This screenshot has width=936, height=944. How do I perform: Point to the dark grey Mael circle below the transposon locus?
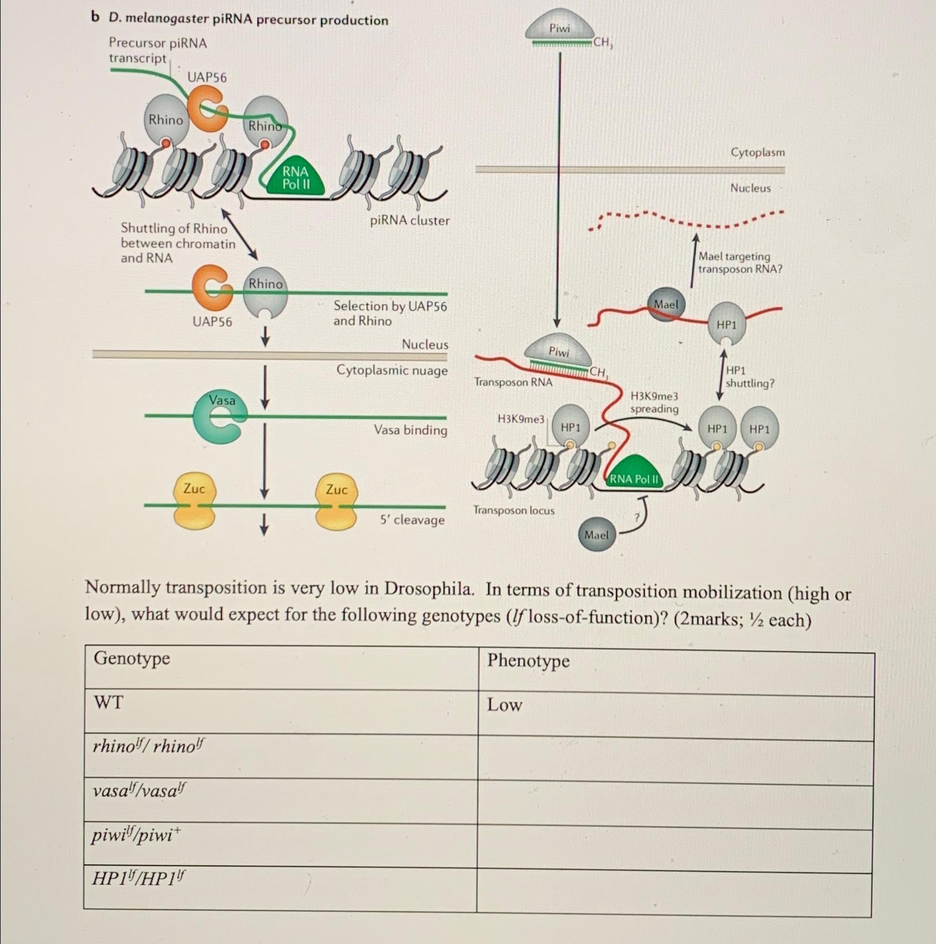(596, 535)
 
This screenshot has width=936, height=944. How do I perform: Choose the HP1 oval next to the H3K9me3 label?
(571, 427)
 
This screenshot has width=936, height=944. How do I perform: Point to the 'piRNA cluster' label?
(410, 221)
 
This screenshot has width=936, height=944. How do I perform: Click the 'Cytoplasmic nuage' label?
(392, 370)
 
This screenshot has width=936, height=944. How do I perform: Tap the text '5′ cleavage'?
(412, 520)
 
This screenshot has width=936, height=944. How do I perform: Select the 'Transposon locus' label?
(514, 510)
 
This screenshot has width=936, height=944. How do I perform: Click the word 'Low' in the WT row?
(504, 705)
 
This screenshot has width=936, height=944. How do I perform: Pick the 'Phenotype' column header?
(528, 660)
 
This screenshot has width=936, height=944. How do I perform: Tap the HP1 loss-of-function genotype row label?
(139, 878)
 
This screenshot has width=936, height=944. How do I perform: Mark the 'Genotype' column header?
(132, 658)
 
